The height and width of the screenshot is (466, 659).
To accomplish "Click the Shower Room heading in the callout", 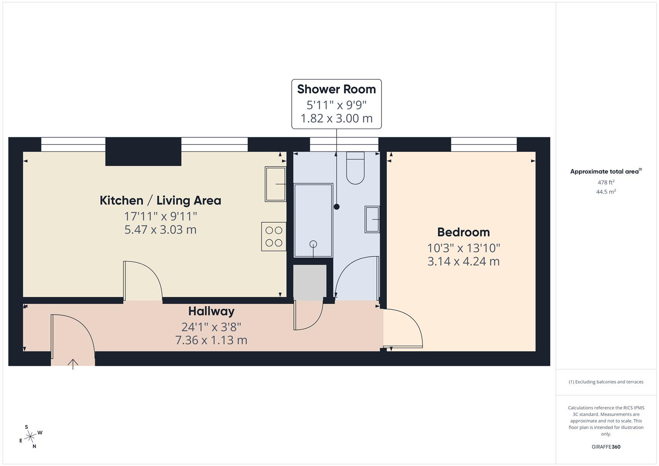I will [x=336, y=89].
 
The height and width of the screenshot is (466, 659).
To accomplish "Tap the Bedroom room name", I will [x=464, y=232].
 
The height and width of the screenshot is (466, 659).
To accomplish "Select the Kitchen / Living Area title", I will [x=160, y=200].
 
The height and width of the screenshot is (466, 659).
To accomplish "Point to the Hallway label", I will [x=211, y=311].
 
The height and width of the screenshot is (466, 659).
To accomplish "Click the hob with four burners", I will [x=274, y=236].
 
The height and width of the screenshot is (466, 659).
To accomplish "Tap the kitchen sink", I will [x=275, y=184].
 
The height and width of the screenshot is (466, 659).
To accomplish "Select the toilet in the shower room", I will [x=355, y=169].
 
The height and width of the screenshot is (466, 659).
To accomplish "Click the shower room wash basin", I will [x=372, y=220].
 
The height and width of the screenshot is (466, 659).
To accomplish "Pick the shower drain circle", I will [x=313, y=244].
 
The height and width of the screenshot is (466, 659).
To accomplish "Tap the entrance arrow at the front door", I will [x=73, y=364].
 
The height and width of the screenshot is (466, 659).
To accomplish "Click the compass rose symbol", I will [x=30, y=437].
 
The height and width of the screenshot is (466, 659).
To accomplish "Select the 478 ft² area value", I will [x=605, y=183].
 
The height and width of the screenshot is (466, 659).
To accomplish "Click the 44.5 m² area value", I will [x=605, y=192].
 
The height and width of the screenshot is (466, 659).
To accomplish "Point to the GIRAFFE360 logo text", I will [x=605, y=447].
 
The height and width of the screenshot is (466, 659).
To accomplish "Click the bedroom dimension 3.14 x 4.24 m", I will [x=464, y=261].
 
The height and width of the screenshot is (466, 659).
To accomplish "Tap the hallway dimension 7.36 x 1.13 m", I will [x=211, y=340].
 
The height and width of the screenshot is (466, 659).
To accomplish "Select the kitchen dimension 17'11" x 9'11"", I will [x=160, y=216].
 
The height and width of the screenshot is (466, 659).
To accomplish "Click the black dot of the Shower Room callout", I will [x=337, y=207].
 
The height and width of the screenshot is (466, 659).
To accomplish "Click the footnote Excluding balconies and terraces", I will [x=605, y=382].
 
